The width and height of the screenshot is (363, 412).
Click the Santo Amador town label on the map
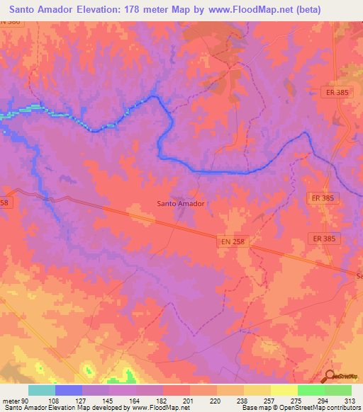pyautogui.click(x=180, y=203)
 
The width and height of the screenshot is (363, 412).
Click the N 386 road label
pyautogui.click(x=11, y=22)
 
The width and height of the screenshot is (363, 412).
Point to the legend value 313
pyautogui.click(x=350, y=400)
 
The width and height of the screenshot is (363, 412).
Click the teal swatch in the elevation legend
pyautogui.click(x=42, y=390)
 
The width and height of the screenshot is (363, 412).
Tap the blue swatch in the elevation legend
pyautogui.click(x=69, y=390)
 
